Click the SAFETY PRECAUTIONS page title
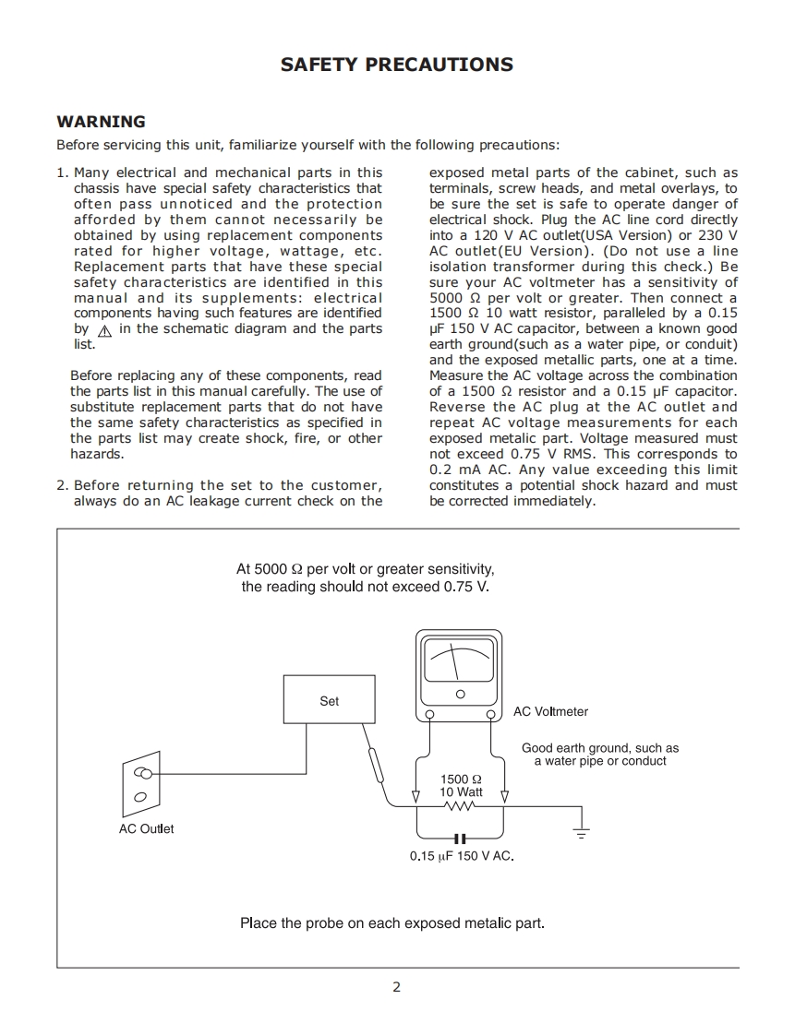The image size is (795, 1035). pos(397,65)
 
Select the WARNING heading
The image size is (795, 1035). pos(101,122)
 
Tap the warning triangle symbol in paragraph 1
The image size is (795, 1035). pos(103,330)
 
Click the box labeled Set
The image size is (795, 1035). pos(329,699)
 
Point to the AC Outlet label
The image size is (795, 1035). pos(146,828)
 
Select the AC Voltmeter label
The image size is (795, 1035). pos(550,711)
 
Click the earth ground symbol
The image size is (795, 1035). pos(581,831)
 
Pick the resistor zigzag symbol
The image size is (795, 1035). pos(460,807)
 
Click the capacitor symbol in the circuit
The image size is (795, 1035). pos(460,839)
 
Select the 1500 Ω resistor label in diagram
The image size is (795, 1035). pos(461,779)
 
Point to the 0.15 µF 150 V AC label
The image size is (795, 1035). pos(462,856)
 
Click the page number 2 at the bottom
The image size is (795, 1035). pos(397,987)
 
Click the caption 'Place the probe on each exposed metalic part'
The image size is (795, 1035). pos(392,922)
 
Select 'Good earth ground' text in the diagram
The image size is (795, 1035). pos(600,748)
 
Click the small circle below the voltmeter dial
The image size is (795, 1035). pos(460,694)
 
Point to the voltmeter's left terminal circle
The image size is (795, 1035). pos(429,714)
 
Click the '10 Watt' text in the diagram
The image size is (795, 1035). pos(461,791)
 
